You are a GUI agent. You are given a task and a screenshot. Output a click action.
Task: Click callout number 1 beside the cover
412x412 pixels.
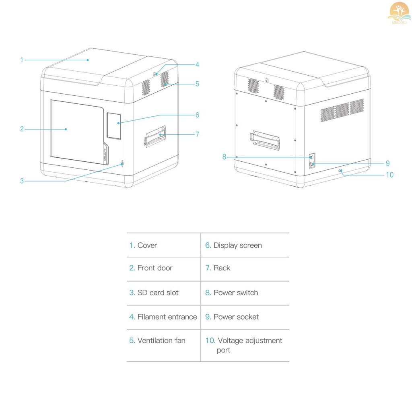click(x=22, y=60)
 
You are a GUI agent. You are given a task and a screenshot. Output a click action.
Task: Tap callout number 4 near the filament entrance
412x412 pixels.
click(x=197, y=64)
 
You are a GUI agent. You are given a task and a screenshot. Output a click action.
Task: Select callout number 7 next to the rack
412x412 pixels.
click(x=197, y=134)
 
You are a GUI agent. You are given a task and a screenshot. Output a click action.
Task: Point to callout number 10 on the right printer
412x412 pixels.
click(x=389, y=175)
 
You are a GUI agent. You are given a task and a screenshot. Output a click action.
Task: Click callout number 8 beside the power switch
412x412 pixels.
click(x=225, y=157)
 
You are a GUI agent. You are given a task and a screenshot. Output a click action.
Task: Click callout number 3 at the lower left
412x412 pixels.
click(x=22, y=181)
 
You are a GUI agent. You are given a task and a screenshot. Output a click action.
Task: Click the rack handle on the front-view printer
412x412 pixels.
click(x=155, y=136)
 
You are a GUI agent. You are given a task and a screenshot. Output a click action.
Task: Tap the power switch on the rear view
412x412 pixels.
click(x=311, y=156)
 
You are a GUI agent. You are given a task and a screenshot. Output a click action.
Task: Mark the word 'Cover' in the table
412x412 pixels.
click(x=147, y=245)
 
